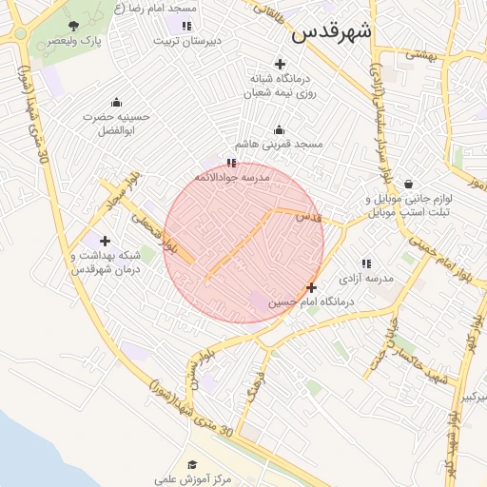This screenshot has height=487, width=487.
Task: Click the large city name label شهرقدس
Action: pos(332,31)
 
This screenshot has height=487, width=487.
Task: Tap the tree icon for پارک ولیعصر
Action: pos(74,26)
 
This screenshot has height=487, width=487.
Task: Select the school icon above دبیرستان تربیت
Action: pos(186,26)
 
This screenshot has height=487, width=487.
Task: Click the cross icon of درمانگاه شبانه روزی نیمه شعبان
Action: pos(279,63)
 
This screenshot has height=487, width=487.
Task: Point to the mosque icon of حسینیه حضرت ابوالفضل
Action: pos(117,103)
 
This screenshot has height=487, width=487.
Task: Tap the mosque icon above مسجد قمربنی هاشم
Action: pos(279,129)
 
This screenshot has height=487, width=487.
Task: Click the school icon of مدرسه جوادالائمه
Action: pos(231,164)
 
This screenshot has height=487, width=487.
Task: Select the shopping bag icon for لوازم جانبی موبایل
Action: pos(408,185)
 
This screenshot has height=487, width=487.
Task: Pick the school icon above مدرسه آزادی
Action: pos(366,263)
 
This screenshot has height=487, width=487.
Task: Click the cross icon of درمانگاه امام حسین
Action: pos(311,287)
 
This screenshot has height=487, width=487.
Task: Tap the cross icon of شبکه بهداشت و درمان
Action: pos(105,242)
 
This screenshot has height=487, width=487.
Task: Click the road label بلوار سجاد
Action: pos(123,189)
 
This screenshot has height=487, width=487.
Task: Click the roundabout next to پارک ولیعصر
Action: pos(18,34)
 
